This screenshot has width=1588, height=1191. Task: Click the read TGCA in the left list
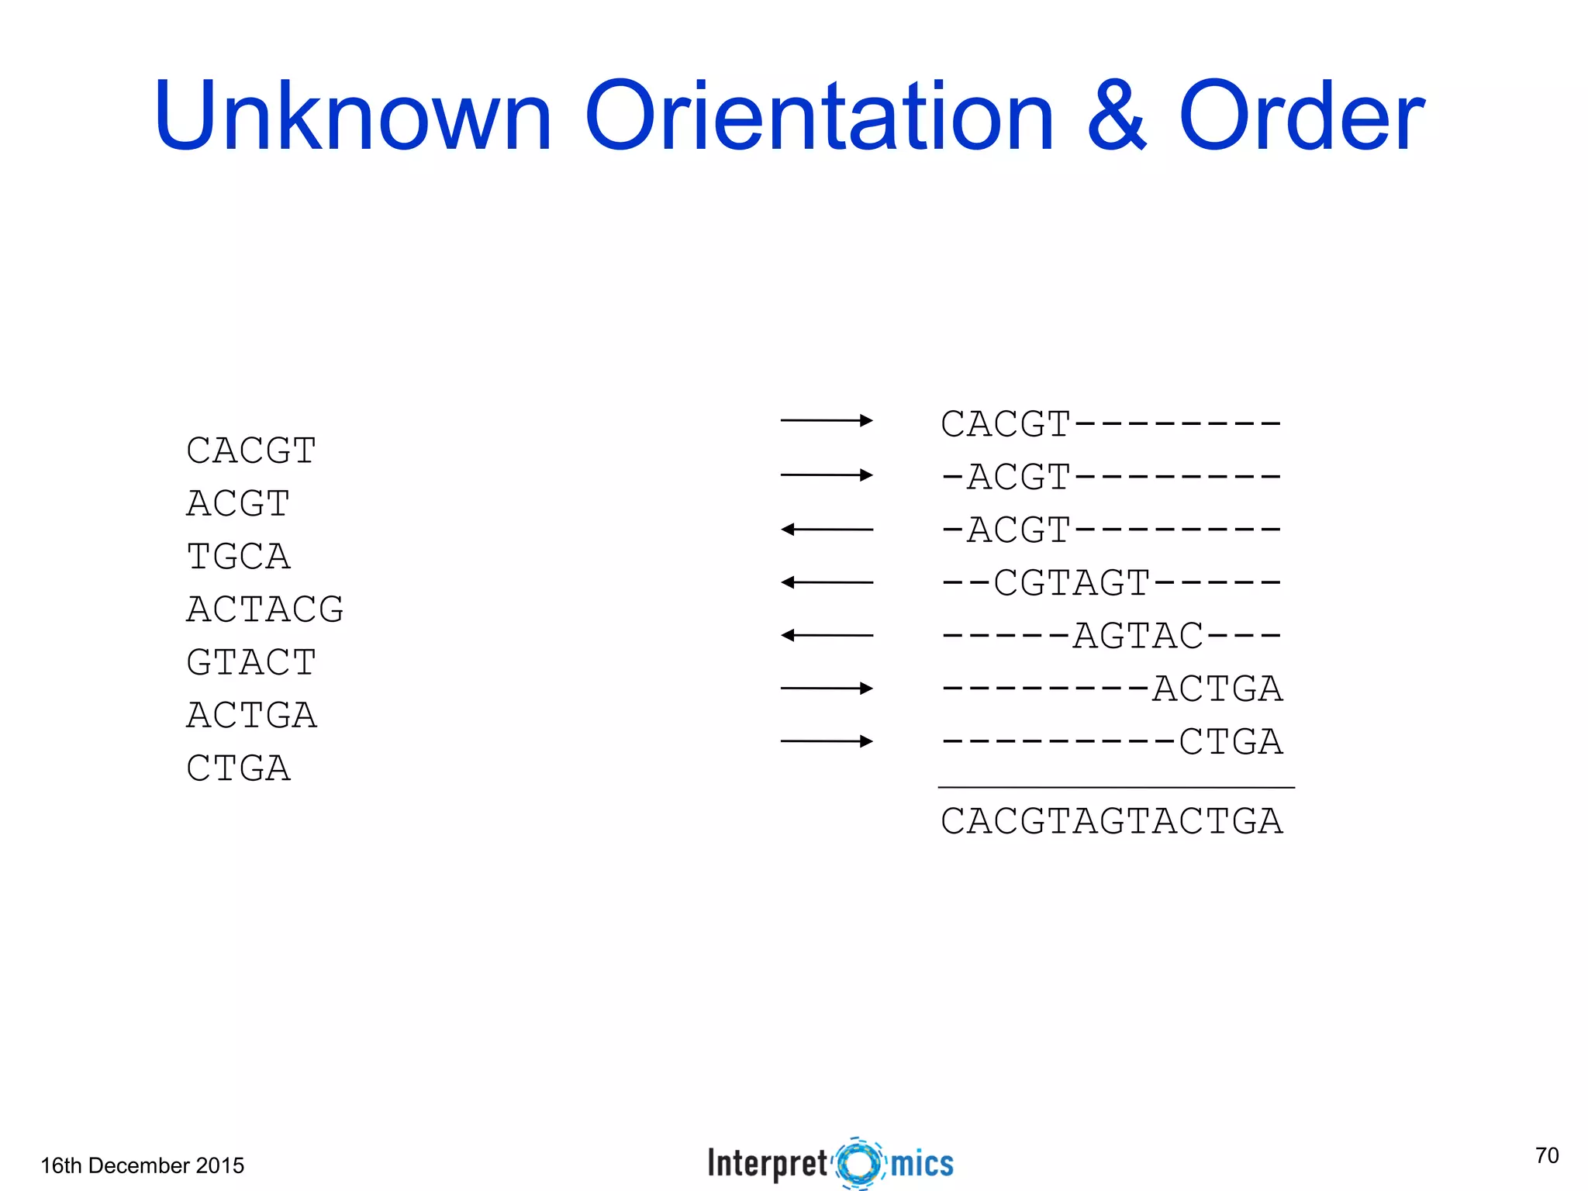[x=239, y=557]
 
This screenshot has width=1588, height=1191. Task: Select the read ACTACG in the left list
[x=265, y=609]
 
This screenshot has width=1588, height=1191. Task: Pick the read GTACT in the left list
[x=251, y=662]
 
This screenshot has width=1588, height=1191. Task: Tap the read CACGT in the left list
[x=251, y=451]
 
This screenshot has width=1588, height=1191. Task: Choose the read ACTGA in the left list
[x=251, y=715]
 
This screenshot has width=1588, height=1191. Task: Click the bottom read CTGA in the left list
[x=239, y=768]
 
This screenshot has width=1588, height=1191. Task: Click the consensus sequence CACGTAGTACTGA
[x=1112, y=821]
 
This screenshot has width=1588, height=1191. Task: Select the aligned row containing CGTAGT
[x=1112, y=583]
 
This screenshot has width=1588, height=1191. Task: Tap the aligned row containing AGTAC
[x=1112, y=636]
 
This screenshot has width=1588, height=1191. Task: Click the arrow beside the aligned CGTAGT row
[x=827, y=582]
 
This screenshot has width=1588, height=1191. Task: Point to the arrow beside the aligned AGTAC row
[x=827, y=635]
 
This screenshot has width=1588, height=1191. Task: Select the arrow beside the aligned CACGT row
[x=827, y=420]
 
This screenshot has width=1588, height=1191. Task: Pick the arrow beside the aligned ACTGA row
[x=827, y=688]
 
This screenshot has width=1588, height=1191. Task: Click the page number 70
[x=1547, y=1155]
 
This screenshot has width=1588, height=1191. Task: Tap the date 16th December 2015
[x=143, y=1165]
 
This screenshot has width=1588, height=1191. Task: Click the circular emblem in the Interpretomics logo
[x=859, y=1163]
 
